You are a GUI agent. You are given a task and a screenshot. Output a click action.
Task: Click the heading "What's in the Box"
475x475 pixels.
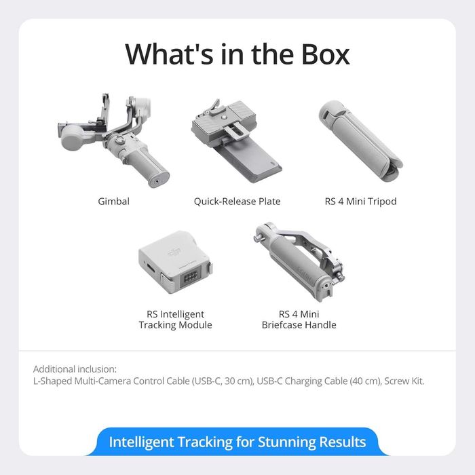tap(237, 54)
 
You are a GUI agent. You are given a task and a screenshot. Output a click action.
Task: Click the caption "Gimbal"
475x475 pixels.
tap(113, 202)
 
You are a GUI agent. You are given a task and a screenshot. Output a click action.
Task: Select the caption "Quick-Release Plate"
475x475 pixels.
tap(237, 202)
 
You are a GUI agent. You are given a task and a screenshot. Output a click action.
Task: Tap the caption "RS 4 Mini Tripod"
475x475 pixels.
tap(360, 202)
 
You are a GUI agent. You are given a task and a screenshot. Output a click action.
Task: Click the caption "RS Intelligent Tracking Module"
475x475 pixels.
tap(175, 320)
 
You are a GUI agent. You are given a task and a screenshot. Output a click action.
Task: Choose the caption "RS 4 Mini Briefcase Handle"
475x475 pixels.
tap(299, 320)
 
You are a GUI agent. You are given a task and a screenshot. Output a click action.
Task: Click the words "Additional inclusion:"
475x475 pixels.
tap(75, 369)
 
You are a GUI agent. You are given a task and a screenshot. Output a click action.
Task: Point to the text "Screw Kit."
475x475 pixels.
tap(404, 381)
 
